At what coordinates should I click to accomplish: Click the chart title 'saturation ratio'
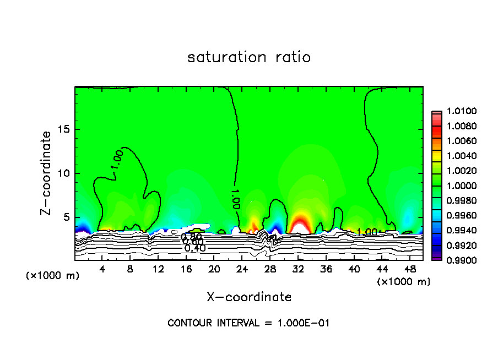tap(249, 57)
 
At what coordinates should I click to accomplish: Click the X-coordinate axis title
tap(249, 297)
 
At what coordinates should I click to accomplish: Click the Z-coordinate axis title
tap(47, 173)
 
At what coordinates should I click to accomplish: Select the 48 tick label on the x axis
tap(409, 269)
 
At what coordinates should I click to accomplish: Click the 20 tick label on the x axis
tap(214, 269)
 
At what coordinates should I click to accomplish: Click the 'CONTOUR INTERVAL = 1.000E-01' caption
tap(248, 323)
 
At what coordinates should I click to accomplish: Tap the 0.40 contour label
tap(195, 248)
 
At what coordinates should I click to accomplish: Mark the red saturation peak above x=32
tap(299, 225)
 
